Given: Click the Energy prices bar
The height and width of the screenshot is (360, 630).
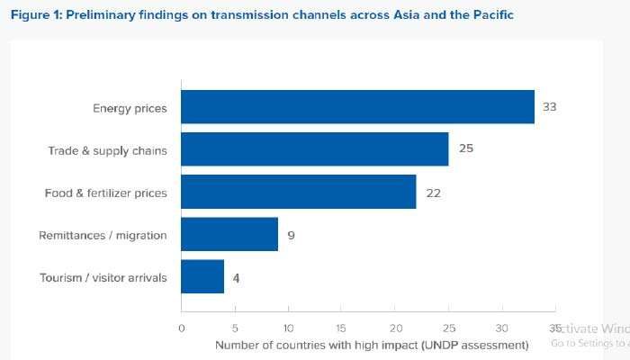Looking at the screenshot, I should pyautogui.click(x=357, y=107).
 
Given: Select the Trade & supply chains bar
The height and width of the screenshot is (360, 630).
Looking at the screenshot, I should pyautogui.click(x=315, y=149).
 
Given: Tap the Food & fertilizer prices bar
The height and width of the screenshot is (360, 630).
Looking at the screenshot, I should pyautogui.click(x=299, y=192).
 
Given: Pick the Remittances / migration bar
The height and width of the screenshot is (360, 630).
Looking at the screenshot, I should pyautogui.click(x=229, y=234).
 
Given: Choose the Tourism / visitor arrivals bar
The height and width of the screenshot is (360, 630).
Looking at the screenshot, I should pyautogui.click(x=202, y=277).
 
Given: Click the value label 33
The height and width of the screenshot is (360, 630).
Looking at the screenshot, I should pyautogui.click(x=550, y=107).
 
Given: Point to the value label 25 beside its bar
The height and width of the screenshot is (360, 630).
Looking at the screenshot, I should pyautogui.click(x=465, y=149).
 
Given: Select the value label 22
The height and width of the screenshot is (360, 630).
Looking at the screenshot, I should pyautogui.click(x=433, y=192).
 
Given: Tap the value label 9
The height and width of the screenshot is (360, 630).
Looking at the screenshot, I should pyautogui.click(x=292, y=235).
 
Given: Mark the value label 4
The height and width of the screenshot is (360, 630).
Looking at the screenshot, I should pyautogui.click(x=236, y=277).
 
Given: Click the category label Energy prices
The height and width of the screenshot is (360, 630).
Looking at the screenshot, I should pyautogui.click(x=130, y=108).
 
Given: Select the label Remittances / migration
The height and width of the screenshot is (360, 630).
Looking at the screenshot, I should pyautogui.click(x=103, y=235).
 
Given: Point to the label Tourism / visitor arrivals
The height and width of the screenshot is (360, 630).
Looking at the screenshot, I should pyautogui.click(x=103, y=277).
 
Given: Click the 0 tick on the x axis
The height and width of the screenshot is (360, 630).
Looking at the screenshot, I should pyautogui.click(x=182, y=328).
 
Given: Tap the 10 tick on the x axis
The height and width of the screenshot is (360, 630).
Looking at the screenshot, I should pyautogui.click(x=288, y=328).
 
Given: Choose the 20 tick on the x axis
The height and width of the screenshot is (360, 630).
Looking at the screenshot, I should pyautogui.click(x=395, y=328).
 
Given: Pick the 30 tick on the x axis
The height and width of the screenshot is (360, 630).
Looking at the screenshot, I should pyautogui.click(x=502, y=328).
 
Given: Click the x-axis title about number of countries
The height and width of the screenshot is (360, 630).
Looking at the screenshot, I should pyautogui.click(x=372, y=345).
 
